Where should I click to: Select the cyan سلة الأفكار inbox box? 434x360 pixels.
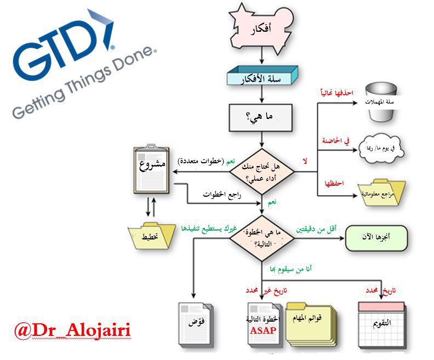coord(262,79)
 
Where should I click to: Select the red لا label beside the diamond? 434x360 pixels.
coord(304,161)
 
